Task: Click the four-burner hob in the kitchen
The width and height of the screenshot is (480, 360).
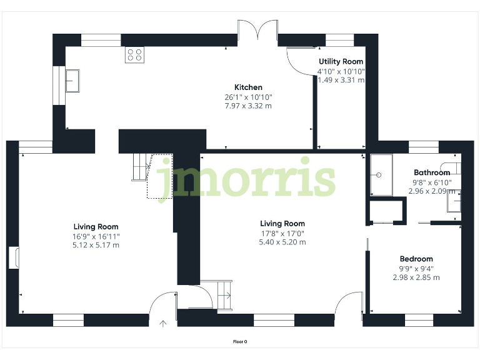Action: tap(134, 54)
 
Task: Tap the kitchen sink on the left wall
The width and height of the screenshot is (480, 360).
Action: tap(73, 81)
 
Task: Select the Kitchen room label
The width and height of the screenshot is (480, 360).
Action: tap(248, 87)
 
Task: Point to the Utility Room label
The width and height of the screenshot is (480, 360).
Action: tap(341, 61)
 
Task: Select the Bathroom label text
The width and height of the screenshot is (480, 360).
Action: tap(431, 172)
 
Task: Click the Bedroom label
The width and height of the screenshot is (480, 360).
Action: tap(416, 259)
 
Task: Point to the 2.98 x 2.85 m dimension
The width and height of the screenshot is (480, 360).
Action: tap(416, 277)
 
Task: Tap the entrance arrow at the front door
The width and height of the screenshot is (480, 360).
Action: tap(164, 324)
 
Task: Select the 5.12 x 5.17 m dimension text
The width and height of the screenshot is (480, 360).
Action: tap(96, 245)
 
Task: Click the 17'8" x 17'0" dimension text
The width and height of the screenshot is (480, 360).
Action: tap(282, 233)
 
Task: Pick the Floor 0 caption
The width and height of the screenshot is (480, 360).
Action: tap(240, 342)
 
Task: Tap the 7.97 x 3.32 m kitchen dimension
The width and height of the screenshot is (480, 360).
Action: tap(248, 106)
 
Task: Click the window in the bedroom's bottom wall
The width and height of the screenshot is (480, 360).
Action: tap(419, 320)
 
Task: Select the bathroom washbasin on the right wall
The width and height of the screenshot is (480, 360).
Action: tap(457, 201)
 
